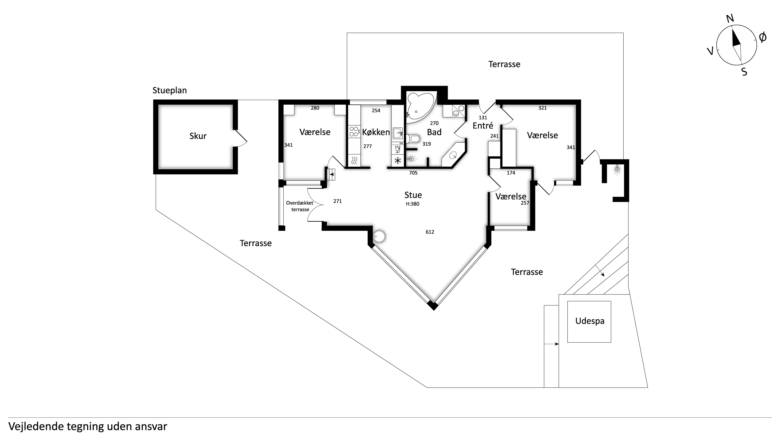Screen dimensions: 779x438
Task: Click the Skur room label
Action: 198,136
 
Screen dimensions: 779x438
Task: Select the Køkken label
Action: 376,132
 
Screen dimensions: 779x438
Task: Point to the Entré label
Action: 483,126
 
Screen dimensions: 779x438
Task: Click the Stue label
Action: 413,195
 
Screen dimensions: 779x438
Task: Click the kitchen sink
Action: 397,133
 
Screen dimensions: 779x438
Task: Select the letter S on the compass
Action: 744,72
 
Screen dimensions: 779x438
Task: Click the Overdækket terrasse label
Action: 300,206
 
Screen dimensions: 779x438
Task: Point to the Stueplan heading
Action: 170,91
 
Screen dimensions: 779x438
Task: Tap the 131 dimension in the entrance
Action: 483,118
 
